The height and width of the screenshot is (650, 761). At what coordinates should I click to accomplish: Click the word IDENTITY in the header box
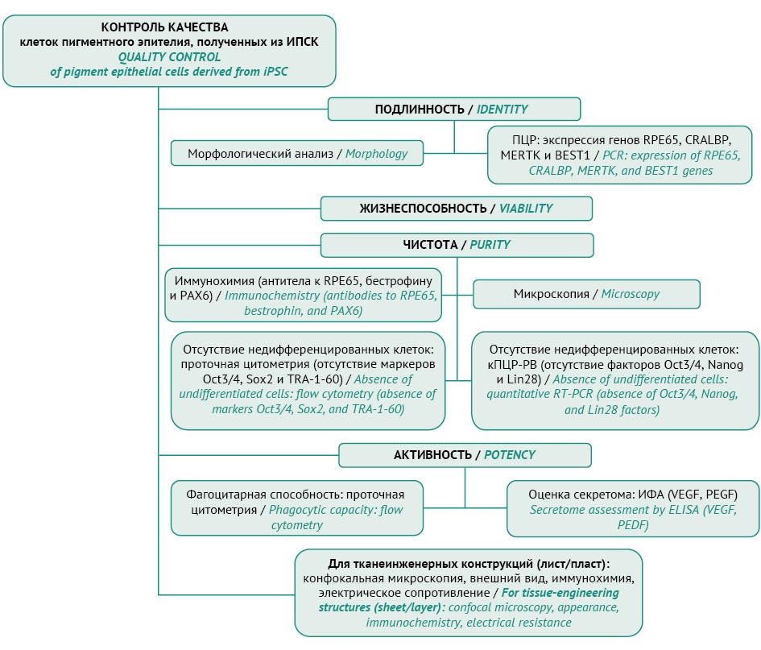point(502,110)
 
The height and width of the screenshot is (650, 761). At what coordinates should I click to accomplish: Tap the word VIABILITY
point(526,209)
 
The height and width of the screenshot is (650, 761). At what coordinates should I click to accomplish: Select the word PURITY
point(490,244)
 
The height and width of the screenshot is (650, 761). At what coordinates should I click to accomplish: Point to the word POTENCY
point(510,455)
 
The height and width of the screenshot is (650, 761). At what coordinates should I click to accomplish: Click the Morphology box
point(297,153)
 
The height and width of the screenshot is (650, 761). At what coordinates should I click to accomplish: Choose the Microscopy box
point(586,294)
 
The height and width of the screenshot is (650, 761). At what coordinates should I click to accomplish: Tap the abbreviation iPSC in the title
point(275,72)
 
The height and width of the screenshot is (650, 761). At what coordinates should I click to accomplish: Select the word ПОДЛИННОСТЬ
point(420,110)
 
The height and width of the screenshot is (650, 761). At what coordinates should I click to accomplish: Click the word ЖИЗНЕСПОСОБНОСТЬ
point(423,209)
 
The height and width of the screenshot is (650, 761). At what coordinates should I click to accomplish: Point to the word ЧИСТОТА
point(430,244)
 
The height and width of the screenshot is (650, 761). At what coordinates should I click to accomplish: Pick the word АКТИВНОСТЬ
point(432,455)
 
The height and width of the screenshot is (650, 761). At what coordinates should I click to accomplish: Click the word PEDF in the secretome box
point(633,525)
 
